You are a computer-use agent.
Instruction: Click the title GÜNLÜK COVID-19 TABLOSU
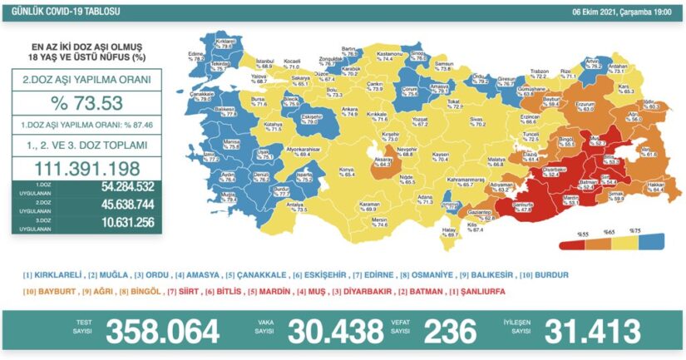(57, 11)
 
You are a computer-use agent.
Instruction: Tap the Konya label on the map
(338, 172)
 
